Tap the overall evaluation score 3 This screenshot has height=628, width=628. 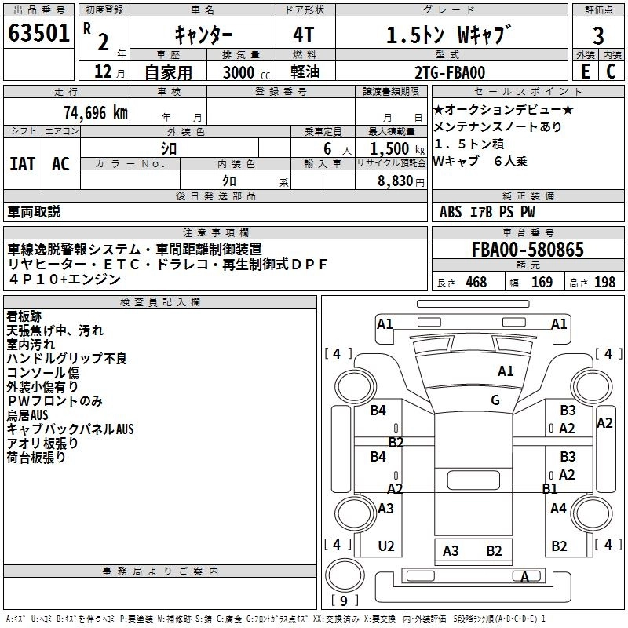(x=598, y=36)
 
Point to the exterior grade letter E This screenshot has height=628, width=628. (x=585, y=71)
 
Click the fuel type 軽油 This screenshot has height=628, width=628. (x=305, y=71)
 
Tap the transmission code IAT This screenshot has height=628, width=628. (x=22, y=163)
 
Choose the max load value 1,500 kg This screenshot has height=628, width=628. (x=396, y=148)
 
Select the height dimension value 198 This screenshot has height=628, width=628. (x=604, y=283)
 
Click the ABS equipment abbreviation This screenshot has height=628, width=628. (x=451, y=212)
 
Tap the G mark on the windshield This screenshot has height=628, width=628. (x=495, y=400)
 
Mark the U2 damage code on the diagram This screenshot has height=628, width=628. (x=386, y=546)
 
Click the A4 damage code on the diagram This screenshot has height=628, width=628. (x=558, y=509)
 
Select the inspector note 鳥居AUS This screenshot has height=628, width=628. (x=27, y=414)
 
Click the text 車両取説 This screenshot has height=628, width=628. (x=34, y=212)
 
